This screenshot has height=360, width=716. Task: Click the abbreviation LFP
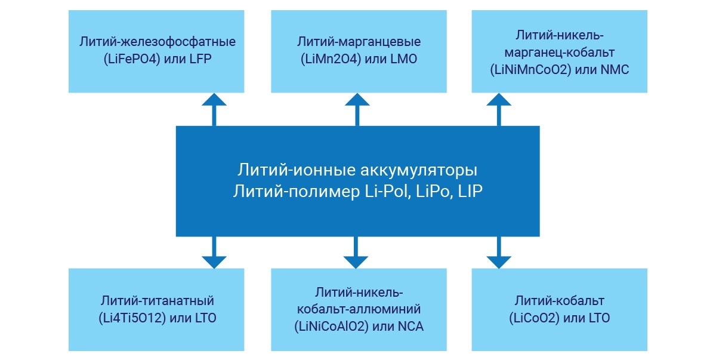tap(200, 59)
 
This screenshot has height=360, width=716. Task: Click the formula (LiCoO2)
tap(535, 318)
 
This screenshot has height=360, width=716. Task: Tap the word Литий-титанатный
tap(158, 300)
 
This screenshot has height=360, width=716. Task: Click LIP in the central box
tap(471, 192)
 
